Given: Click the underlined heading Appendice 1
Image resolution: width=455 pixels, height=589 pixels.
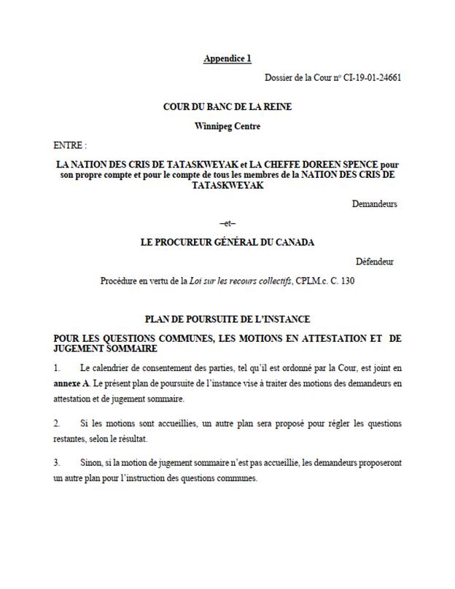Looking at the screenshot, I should point(227,58).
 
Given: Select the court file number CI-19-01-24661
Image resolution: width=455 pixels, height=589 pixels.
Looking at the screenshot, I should point(369,77).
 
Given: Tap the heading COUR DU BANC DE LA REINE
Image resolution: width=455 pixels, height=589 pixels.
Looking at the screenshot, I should point(227,106).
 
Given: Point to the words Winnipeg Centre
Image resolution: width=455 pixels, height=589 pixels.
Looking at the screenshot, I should point(227,125).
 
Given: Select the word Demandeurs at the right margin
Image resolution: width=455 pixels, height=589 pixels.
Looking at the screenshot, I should point(374,204).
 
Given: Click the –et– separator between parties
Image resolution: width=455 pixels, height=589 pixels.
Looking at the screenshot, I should point(227,224).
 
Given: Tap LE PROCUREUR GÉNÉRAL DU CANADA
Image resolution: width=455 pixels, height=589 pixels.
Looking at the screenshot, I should point(227,243).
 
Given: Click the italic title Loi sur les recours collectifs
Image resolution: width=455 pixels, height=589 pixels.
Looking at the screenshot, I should point(241,281).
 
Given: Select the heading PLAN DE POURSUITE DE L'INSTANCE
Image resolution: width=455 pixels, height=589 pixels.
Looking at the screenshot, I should point(227,319).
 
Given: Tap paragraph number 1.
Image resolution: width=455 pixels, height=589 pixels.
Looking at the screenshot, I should point(57,367).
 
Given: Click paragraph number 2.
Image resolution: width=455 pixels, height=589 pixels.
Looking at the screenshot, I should point(57,424).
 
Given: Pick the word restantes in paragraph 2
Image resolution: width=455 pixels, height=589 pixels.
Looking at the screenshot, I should point(73,440).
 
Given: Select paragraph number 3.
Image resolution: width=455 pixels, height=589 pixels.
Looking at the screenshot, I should point(57,463).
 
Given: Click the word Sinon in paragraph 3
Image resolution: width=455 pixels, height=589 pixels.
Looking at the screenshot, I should point(92,463).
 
